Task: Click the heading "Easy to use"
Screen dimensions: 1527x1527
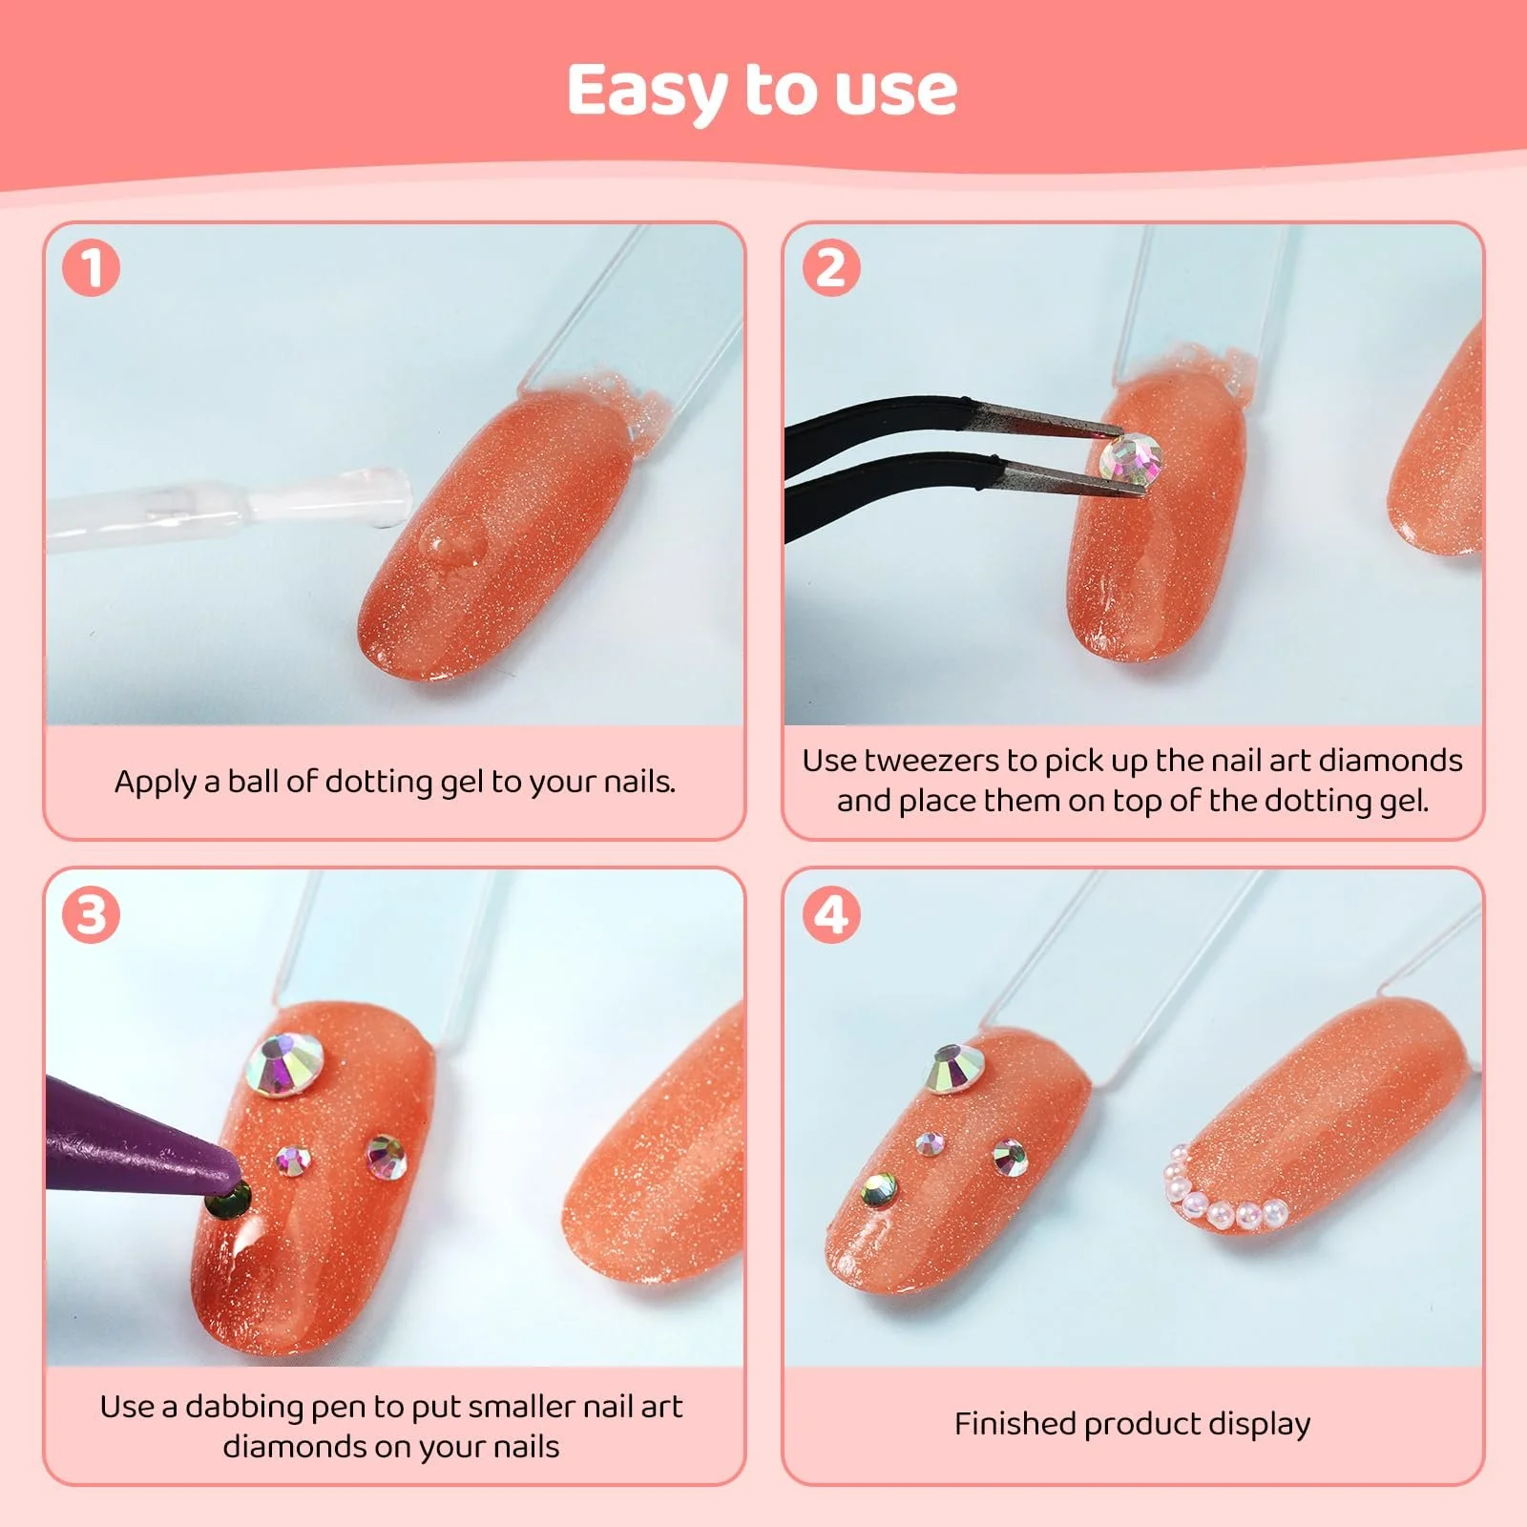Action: tap(762, 92)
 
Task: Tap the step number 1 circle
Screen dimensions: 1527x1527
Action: tap(92, 267)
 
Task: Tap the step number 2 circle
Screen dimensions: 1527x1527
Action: tap(831, 267)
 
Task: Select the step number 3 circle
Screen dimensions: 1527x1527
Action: tap(92, 914)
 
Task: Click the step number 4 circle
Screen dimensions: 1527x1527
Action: tap(831, 914)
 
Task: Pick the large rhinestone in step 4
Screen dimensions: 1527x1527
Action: tap(955, 1068)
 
